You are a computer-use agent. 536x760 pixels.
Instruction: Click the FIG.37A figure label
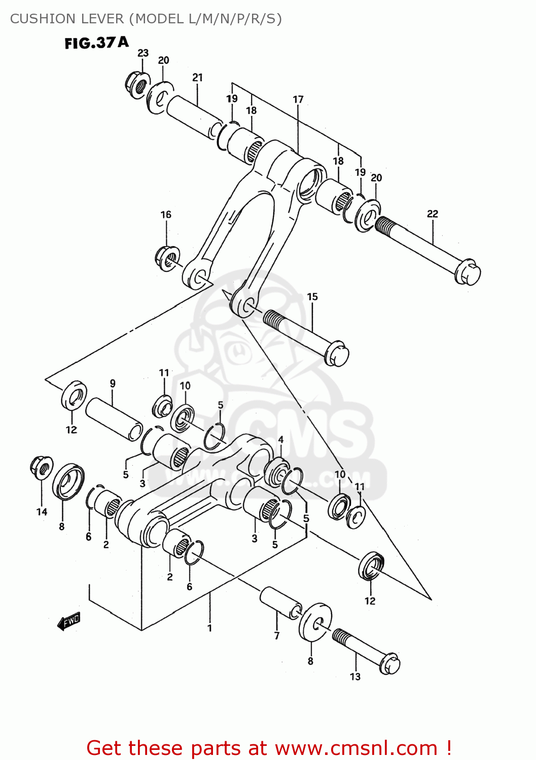click(96, 43)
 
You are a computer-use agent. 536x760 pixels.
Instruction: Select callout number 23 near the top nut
click(143, 53)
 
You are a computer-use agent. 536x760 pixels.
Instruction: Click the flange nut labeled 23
click(137, 85)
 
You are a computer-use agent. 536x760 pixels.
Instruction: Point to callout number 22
click(432, 214)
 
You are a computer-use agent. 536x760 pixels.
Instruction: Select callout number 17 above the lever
click(298, 99)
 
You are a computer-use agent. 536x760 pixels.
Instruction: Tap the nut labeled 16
click(167, 257)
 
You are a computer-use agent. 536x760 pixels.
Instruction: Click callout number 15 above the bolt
click(312, 296)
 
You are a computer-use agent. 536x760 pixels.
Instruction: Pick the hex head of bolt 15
click(336, 353)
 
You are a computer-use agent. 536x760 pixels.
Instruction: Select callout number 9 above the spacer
click(113, 384)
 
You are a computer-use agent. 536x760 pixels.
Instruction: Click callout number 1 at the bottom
click(209, 628)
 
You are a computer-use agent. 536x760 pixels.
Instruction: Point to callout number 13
click(355, 676)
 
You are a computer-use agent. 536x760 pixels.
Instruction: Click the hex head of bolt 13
click(389, 664)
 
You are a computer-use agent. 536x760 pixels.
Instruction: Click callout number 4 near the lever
click(280, 440)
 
